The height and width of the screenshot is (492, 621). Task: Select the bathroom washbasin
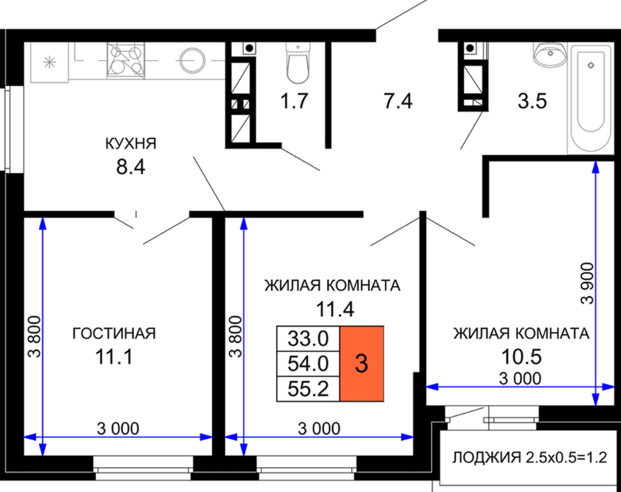coord(551,55)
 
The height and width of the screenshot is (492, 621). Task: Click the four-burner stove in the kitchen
coord(126,61)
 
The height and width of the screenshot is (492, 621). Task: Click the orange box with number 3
coord(362,364)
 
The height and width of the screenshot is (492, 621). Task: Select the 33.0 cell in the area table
coord(308,338)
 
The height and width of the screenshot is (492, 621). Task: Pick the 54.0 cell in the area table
coord(308,364)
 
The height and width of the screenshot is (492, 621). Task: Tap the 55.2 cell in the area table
coord(308,389)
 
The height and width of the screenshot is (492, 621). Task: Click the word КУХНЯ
coord(131,143)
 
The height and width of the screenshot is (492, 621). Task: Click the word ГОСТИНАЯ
coord(114,334)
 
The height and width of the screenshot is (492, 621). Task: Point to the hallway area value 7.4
coord(398,100)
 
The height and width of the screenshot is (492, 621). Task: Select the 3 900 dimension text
coord(588,283)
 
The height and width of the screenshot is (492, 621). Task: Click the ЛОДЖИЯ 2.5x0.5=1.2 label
coord(529,457)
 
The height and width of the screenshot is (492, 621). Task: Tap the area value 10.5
coord(521,357)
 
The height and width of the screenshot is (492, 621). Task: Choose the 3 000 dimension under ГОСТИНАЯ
coord(118,428)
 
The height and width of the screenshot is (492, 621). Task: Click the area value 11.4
coord(334,309)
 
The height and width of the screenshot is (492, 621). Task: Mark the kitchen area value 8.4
coord(131,167)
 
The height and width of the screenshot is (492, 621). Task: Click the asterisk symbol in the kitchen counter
coord(49,62)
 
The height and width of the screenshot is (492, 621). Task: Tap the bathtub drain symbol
coord(591,65)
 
